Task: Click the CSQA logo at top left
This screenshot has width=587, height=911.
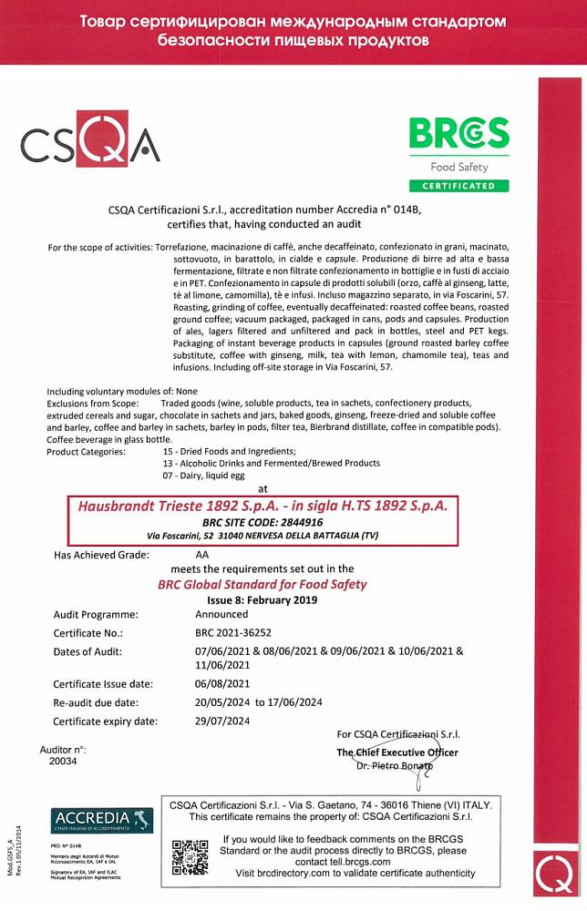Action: coord(89,141)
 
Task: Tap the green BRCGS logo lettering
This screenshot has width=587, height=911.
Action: coord(458,133)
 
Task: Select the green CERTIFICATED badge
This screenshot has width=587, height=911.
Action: coord(458,186)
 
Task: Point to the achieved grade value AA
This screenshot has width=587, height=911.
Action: coord(202,554)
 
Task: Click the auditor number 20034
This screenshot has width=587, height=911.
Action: coord(63,761)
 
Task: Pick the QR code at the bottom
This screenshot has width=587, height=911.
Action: coord(191,857)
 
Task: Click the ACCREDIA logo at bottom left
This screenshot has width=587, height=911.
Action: coord(102,820)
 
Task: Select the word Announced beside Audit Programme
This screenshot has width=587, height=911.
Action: coord(221,614)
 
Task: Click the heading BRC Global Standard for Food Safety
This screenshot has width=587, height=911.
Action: coord(263,584)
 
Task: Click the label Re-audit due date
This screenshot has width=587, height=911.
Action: coord(96,702)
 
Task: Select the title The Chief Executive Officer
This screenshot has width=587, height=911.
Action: coord(397,752)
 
